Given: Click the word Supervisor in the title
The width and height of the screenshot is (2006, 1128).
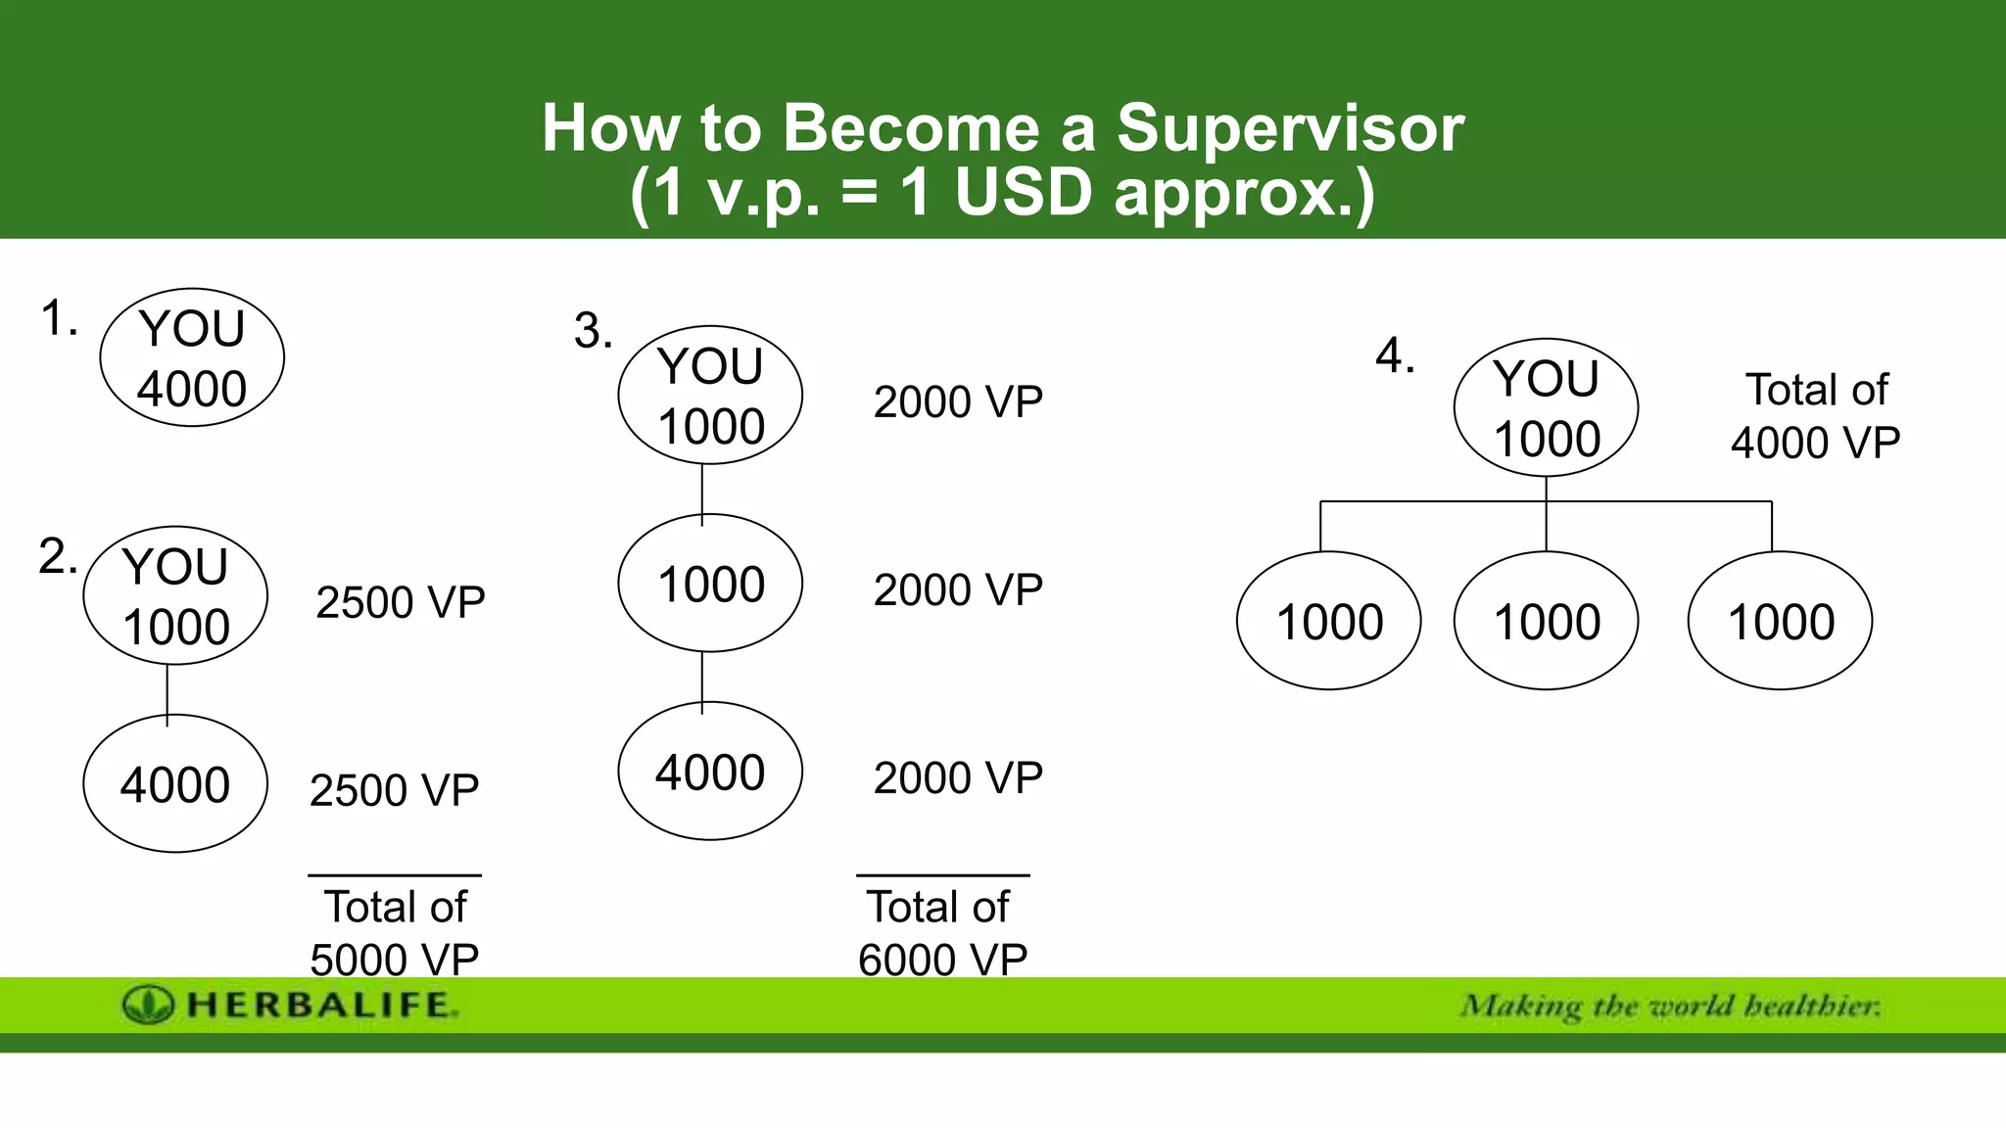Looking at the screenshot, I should [1290, 128].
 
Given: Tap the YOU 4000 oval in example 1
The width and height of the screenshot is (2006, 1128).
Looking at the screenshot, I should [192, 357].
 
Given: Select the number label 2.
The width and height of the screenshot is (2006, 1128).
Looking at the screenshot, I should [58, 556].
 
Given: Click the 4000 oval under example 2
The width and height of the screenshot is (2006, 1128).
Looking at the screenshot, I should [175, 783].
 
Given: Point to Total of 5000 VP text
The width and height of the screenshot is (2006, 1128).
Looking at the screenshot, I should [395, 932].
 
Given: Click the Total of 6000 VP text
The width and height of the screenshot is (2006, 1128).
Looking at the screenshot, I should [942, 932].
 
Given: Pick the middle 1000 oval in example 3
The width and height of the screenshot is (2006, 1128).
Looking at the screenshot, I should [710, 584].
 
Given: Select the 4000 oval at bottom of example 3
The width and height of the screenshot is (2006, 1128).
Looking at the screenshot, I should [710, 772].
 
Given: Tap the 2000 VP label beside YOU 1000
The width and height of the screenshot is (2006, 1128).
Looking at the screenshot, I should [958, 402].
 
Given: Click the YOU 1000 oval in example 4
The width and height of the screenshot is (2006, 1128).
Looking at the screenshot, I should [1546, 407].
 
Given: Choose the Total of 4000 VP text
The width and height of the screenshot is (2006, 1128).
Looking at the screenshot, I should [1815, 416].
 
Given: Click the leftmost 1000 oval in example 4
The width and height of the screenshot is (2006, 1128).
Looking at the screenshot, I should [1329, 621].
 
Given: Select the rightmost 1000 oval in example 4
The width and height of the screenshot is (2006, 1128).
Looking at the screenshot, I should [1780, 621].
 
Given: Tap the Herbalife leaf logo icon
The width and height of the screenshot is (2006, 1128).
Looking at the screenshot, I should [148, 1005].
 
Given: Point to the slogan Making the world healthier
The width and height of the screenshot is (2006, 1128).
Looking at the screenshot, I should [1670, 1006].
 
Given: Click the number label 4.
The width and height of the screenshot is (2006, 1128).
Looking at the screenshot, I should [1395, 356].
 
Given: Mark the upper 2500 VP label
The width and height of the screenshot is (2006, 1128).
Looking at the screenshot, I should [400, 602].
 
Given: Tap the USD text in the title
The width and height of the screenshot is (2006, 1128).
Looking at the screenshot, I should [1023, 193].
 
